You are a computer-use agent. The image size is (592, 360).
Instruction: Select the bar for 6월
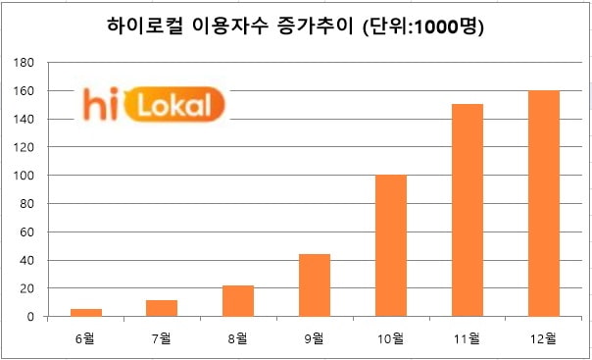86,313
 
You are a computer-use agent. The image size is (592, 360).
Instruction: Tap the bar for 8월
238,301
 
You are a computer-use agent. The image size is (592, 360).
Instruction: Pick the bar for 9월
314,285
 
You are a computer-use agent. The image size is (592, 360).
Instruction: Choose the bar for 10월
390,246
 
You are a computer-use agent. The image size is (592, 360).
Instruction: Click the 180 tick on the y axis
25,63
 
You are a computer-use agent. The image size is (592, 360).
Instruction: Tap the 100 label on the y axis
25,176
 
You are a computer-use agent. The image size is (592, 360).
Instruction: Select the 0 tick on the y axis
31,317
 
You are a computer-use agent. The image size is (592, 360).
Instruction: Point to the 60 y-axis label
28,232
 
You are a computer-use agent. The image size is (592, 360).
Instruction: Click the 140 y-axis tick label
25,120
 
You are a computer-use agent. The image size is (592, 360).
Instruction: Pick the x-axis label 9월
314,338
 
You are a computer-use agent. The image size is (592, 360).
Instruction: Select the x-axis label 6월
86,338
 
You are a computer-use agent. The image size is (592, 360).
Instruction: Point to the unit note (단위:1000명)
424,26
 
